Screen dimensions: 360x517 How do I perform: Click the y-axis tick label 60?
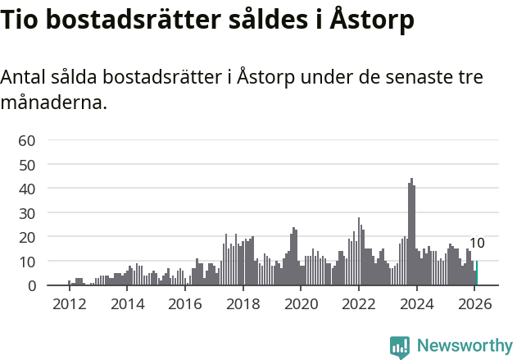(26, 140)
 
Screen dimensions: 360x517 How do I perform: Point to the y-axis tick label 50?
(26, 165)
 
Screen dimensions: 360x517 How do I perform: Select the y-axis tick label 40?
(26, 189)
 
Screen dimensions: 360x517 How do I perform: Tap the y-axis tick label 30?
(26, 213)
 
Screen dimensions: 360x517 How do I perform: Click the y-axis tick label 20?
(26, 237)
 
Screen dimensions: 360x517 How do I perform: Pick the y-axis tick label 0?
(30, 285)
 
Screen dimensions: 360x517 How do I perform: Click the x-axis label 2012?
(69, 303)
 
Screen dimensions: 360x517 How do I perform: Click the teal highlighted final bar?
(477, 273)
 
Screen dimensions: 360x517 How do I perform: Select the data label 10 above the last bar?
(477, 244)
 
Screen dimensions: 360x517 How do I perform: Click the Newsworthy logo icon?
(400, 346)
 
